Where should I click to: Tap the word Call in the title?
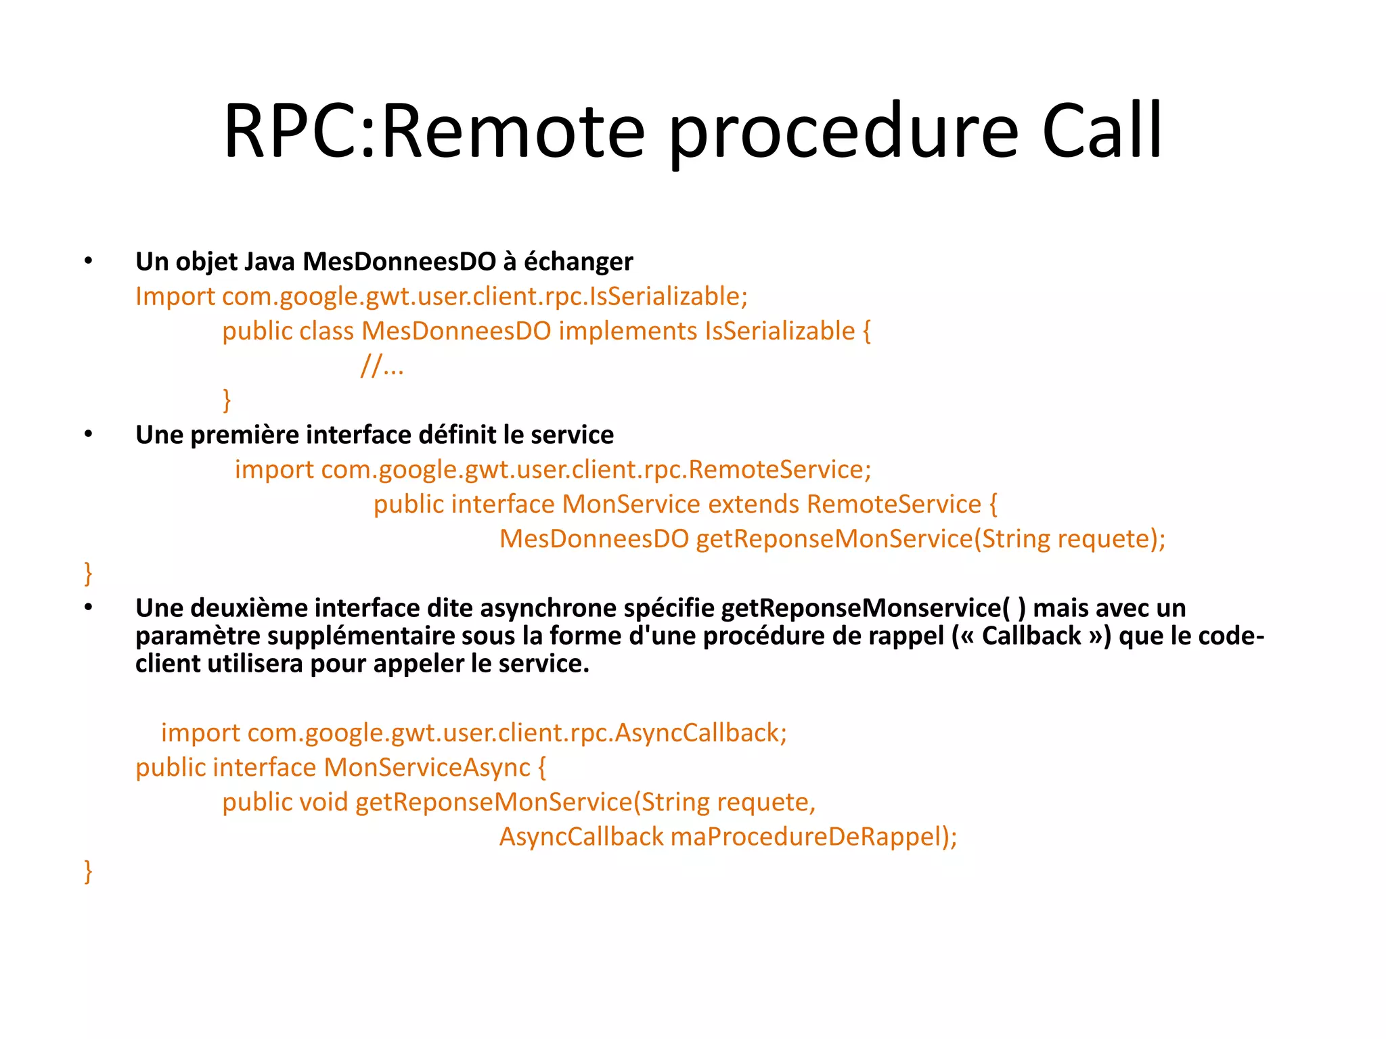click(x=1102, y=131)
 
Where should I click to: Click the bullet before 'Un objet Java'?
click(x=88, y=261)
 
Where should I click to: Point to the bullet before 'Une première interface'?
click(x=88, y=434)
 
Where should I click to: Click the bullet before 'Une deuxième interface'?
click(x=88, y=607)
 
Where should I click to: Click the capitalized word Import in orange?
click(x=175, y=297)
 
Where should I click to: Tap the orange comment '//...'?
click(x=382, y=366)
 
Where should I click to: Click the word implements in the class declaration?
click(x=628, y=331)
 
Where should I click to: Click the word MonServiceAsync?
click(x=426, y=768)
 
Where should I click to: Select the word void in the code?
click(x=323, y=802)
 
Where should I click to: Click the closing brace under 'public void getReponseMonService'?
click(x=88, y=871)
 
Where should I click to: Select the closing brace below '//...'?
click(x=227, y=400)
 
